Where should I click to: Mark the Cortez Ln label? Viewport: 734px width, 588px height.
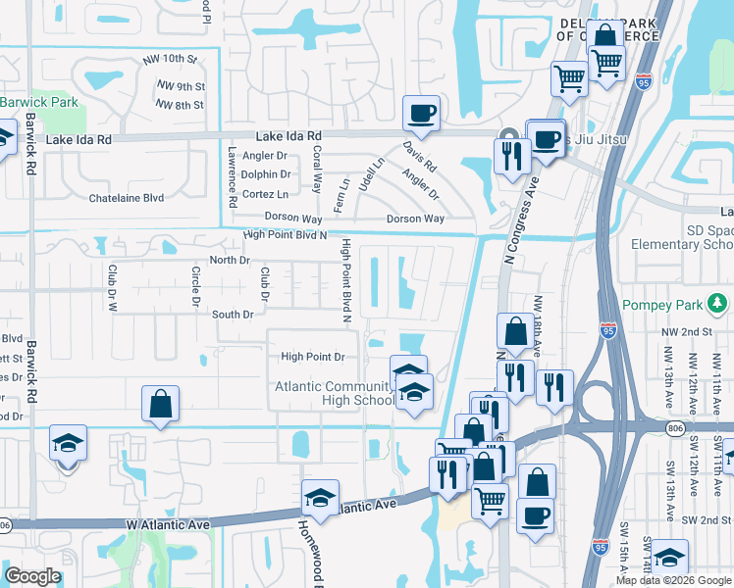264,194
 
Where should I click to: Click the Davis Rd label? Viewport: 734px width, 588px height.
420,156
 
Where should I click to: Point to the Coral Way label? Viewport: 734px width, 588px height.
316,170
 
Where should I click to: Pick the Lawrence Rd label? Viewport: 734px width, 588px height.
233,177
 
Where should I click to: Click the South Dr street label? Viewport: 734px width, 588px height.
233,315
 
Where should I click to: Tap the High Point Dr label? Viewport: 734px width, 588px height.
313,357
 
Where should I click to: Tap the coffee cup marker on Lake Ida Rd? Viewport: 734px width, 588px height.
422,113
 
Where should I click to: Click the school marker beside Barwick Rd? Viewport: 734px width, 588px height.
68,444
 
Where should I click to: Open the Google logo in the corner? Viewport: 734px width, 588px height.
32,576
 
